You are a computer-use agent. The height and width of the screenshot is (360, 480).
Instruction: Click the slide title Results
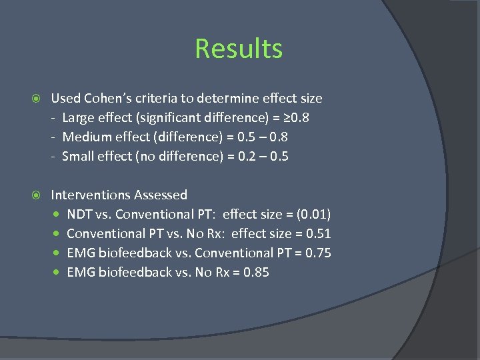(x=239, y=49)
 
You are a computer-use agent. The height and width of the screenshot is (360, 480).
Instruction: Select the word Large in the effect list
(x=79, y=118)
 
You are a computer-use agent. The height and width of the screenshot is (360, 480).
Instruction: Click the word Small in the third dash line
(x=78, y=157)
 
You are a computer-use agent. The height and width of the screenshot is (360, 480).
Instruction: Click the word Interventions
(x=91, y=195)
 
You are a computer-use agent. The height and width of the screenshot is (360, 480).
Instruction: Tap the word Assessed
(x=161, y=195)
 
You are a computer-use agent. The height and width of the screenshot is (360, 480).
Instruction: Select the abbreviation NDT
(x=80, y=215)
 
